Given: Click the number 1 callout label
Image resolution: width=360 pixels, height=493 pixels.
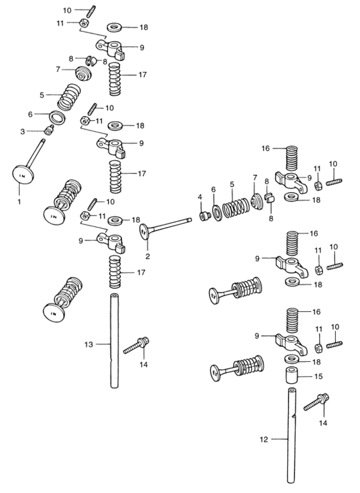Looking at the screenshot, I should pyautogui.click(x=19, y=202).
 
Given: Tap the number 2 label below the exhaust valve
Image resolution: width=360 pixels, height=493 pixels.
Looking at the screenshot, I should pyautogui.click(x=148, y=257).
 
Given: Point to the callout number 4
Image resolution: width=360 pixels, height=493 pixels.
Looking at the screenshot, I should pyautogui.click(x=199, y=197).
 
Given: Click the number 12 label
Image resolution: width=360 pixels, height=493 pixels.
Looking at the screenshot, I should pyautogui.click(x=262, y=440).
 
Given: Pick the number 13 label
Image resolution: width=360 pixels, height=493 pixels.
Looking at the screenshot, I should pyautogui.click(x=89, y=345).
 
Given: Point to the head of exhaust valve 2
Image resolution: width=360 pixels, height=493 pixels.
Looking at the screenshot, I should pyautogui.click(x=146, y=231).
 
